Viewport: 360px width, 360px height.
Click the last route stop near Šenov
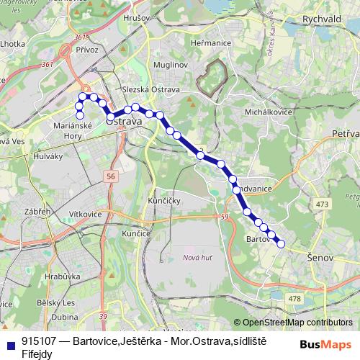pyautogui.click(x=281, y=244)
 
